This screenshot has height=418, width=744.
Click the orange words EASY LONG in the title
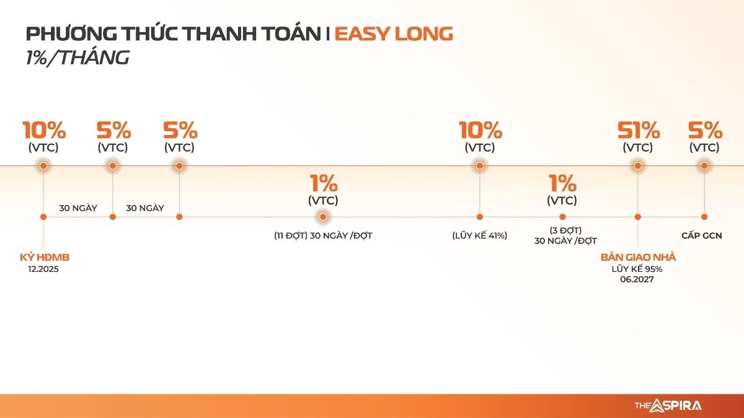click(394, 34)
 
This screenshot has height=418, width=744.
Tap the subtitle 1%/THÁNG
click(77, 58)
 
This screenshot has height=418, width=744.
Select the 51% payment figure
click(639, 131)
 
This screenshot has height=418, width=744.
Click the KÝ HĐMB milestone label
click(45, 257)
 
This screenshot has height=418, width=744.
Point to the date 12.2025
click(43, 269)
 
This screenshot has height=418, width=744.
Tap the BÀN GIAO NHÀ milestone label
click(638, 257)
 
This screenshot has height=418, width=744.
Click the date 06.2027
click(637, 279)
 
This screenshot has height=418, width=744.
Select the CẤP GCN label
click(701, 235)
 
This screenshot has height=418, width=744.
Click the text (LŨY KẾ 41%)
click(480, 235)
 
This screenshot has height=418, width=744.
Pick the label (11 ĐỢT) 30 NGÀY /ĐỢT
click(323, 235)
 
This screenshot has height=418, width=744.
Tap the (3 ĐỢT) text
click(565, 230)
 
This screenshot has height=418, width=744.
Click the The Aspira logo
click(668, 406)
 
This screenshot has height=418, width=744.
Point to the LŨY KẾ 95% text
click(637, 269)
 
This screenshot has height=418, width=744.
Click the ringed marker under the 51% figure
click(637, 165)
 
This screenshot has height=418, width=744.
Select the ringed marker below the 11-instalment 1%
click(323, 217)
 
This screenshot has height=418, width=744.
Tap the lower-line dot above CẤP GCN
click(704, 217)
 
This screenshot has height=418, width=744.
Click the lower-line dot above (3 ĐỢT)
click(562, 217)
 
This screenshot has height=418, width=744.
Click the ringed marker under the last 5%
click(704, 165)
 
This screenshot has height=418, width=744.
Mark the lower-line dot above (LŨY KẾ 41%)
click(480, 217)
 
